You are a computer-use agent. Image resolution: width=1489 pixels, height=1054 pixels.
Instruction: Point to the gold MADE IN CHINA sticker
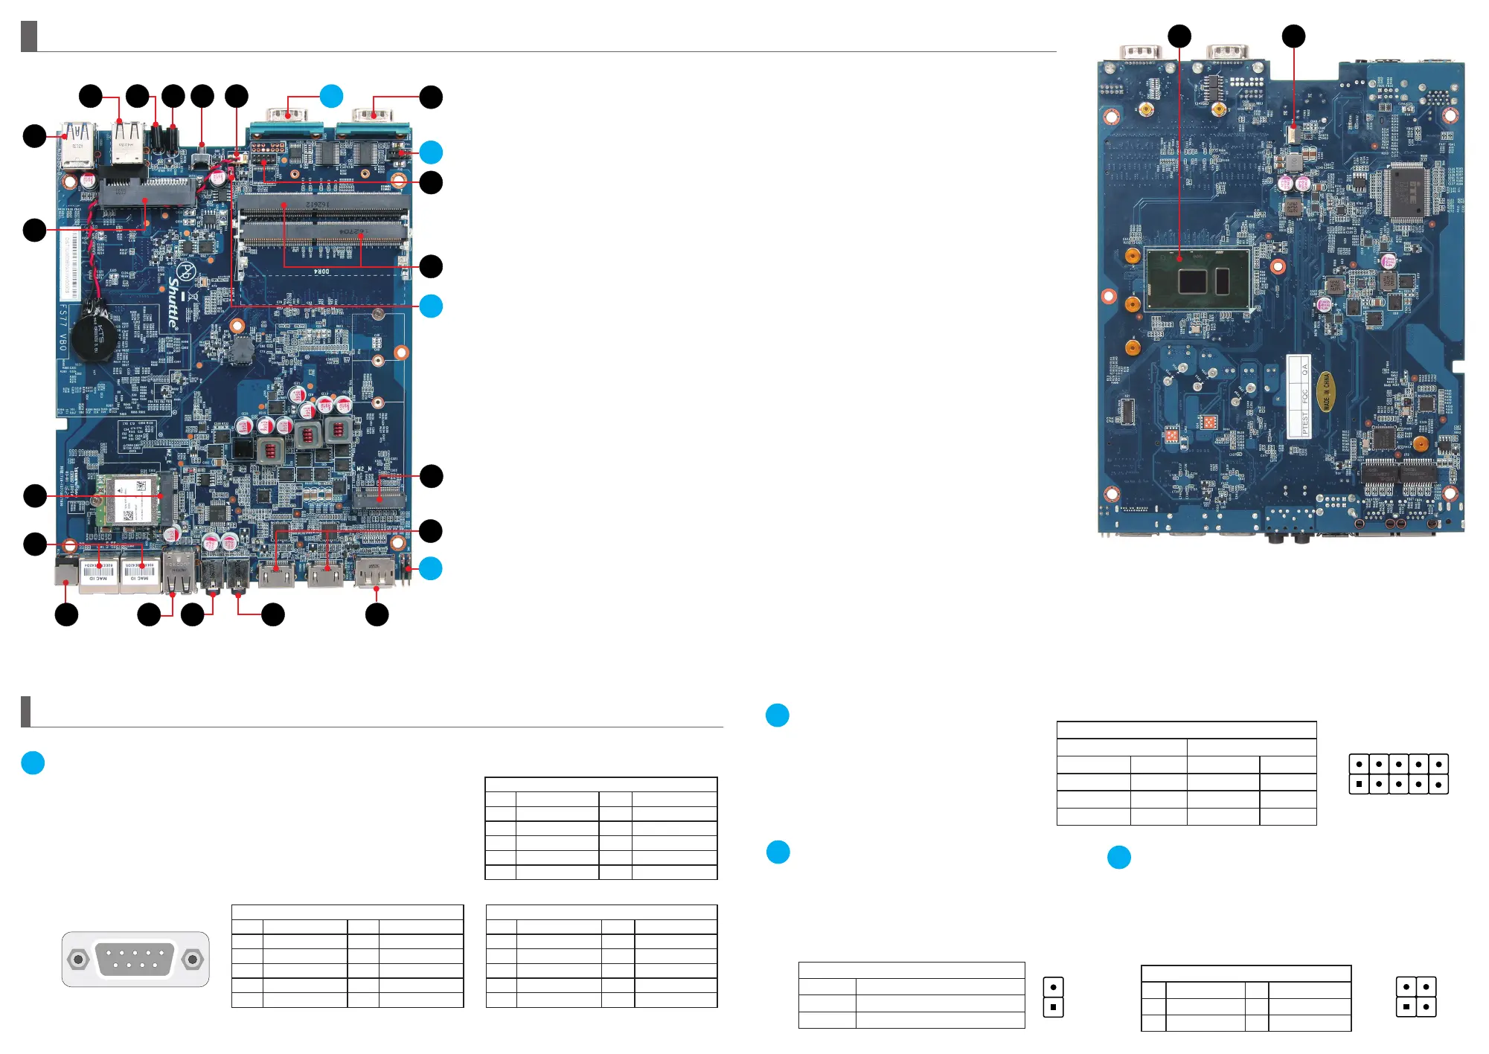point(1325,391)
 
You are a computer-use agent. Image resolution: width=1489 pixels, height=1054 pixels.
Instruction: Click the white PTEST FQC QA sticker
point(1299,396)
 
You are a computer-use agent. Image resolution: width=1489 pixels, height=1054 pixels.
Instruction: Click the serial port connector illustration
point(135,959)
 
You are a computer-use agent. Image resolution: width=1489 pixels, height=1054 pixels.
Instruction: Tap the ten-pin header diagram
point(1398,774)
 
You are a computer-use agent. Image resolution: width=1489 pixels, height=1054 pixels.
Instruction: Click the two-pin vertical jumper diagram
point(1053,997)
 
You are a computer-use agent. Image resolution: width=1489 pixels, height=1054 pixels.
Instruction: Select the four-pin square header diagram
point(1415,997)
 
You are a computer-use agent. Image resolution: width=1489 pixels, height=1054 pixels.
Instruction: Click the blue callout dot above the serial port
point(331,96)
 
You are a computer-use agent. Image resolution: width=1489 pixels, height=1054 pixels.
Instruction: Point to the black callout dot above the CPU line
point(1179,36)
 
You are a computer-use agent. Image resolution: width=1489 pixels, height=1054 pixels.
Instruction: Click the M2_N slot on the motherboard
point(380,495)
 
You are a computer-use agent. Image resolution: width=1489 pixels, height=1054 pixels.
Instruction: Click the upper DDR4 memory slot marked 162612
point(324,203)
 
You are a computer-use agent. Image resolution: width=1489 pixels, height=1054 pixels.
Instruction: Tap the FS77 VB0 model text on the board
point(63,327)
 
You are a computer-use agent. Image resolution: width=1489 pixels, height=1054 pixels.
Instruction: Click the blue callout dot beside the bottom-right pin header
point(430,568)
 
